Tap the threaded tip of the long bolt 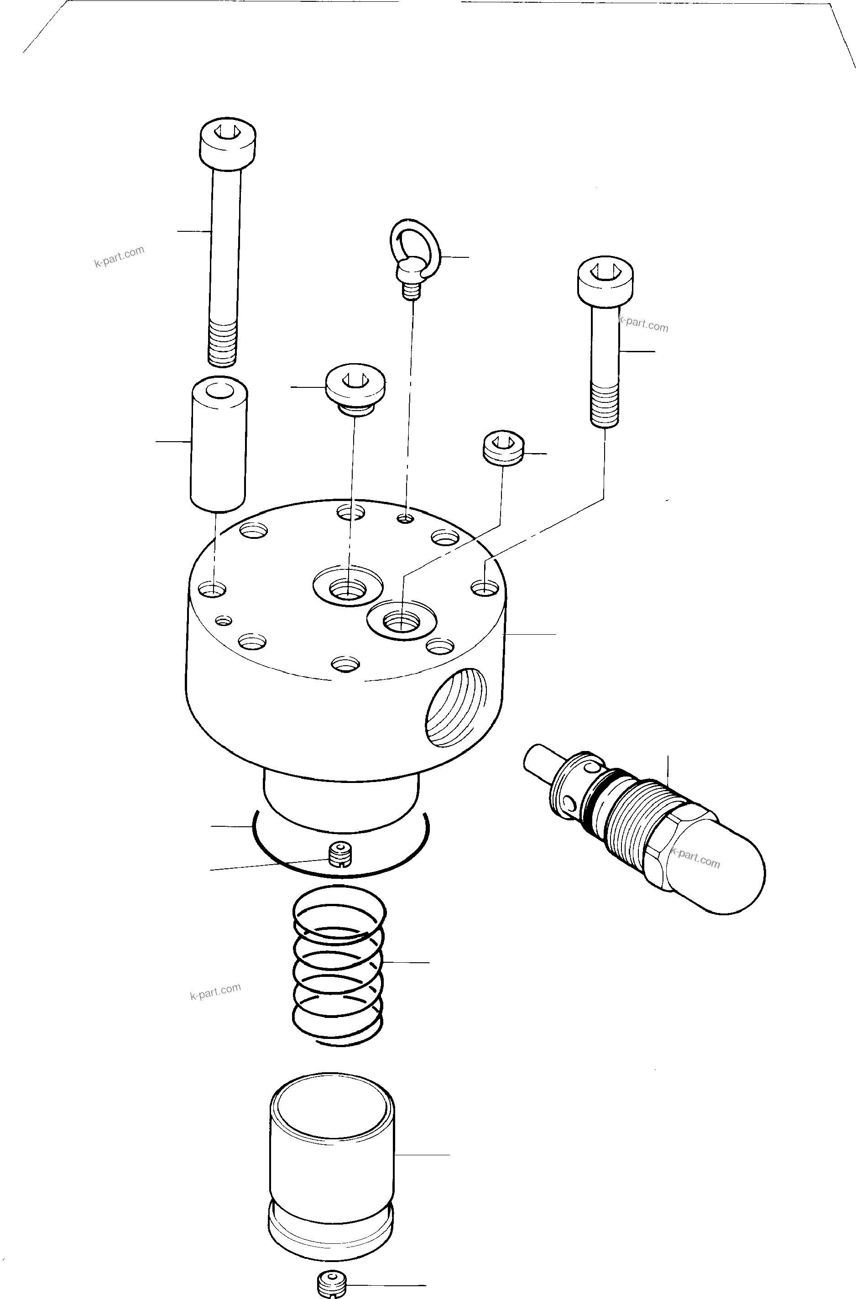click(x=223, y=343)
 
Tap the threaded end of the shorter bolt click(x=605, y=405)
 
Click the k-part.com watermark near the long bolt click(x=119, y=256)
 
